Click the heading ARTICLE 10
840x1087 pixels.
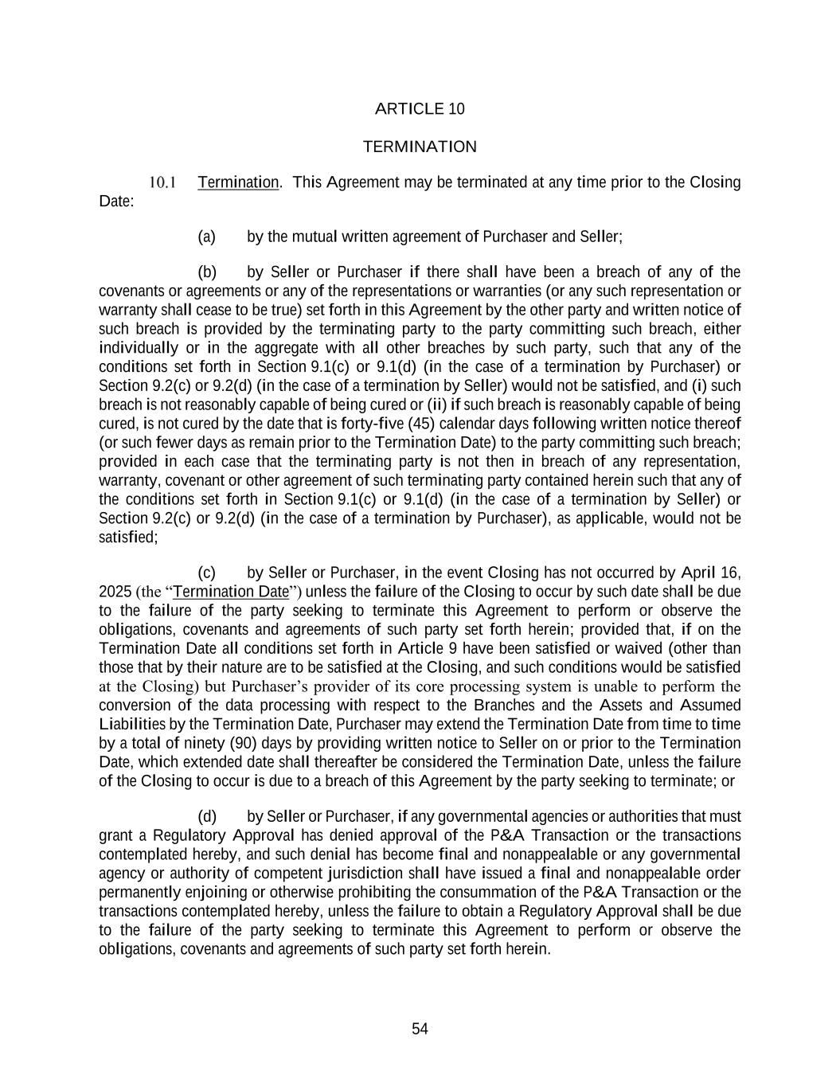point(420,109)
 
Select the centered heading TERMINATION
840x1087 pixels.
point(420,147)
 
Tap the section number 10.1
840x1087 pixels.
point(162,183)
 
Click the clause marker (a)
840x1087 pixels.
point(206,237)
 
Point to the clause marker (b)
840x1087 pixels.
point(207,272)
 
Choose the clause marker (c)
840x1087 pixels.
point(206,573)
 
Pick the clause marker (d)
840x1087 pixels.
point(207,816)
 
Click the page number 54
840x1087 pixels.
point(420,1030)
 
